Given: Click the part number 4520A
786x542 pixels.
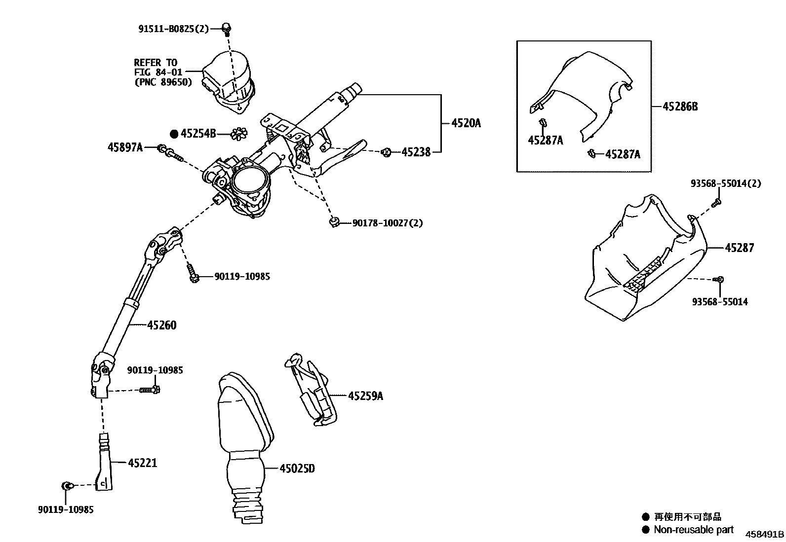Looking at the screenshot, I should point(466,123).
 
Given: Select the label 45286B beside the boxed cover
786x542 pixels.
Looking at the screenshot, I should point(680,107).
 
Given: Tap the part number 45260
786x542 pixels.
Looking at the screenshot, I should point(161,325).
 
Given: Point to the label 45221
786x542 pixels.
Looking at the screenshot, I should point(143,463).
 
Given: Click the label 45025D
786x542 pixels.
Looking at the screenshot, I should point(297,469).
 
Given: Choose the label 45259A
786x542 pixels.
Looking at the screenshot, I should point(365,396).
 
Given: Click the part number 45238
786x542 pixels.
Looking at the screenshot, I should point(416,152).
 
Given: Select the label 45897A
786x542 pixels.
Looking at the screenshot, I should point(125,147).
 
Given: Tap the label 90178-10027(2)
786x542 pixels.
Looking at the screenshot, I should point(388,223).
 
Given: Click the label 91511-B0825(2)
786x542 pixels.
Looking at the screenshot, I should point(173,29).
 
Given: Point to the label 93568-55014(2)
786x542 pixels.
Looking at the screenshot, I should point(726,183).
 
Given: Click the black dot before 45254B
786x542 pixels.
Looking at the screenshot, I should point(174,134).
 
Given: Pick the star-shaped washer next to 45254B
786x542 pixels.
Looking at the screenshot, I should point(239,134).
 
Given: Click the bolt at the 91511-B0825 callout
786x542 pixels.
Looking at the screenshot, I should point(227,29).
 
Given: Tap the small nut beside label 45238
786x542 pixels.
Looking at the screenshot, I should point(387,152).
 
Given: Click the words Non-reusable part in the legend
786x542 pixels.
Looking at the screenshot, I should point(694,530).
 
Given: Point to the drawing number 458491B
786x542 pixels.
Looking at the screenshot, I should point(764,534).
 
